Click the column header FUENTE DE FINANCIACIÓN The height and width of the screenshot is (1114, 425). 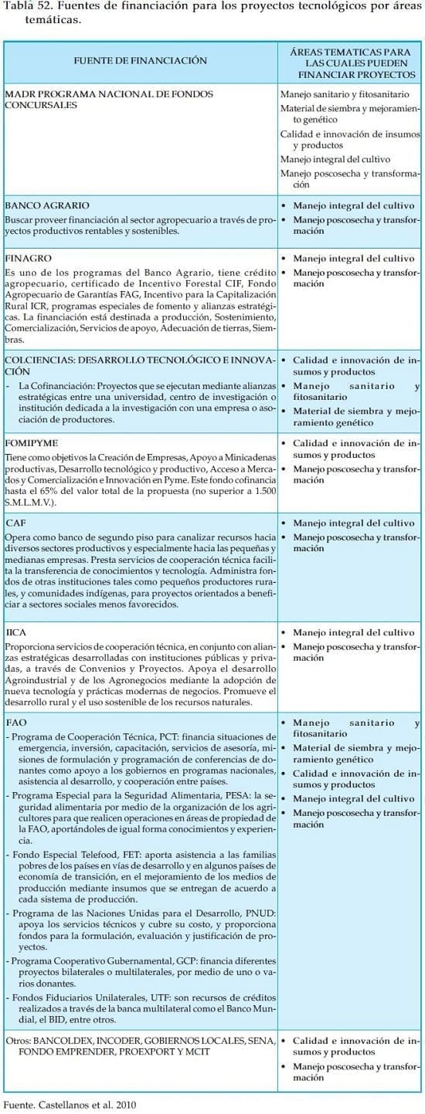point(140,59)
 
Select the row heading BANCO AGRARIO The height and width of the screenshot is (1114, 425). point(47,206)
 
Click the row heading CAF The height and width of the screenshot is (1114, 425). point(15,523)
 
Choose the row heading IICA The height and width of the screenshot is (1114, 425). point(16,632)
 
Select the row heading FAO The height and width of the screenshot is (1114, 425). point(15,722)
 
